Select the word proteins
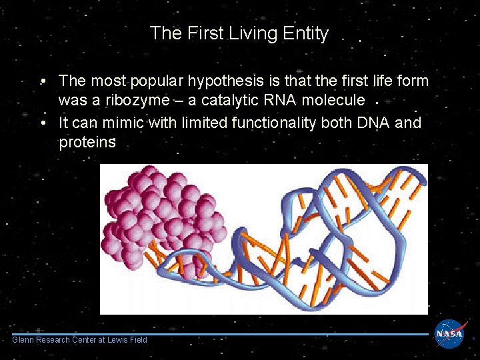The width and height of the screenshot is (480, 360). point(87,142)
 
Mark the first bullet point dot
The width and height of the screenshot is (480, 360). point(42,82)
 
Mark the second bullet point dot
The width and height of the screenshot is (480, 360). point(42,123)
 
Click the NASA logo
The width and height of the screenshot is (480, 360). point(450,334)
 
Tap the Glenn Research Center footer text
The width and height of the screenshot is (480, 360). point(79,340)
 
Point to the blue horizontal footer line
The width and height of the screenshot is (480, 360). point(220,334)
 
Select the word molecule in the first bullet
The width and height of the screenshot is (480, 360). point(335,101)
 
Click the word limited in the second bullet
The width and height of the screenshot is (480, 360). point(199,123)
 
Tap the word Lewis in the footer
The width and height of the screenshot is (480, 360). point(119,340)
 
